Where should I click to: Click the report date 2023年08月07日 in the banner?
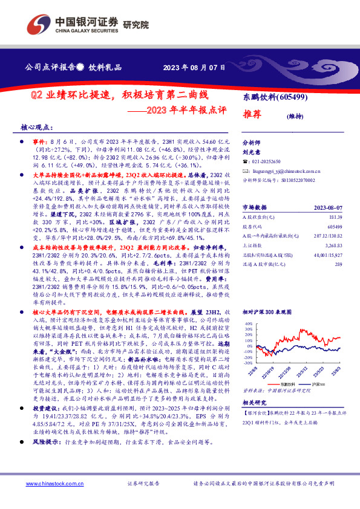[195, 67]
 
